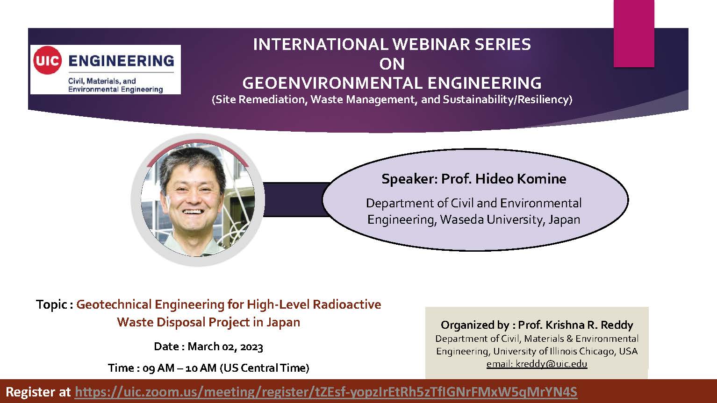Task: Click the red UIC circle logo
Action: coord(47,60)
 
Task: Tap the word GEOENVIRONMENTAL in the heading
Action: coord(332,83)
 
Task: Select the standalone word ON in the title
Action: coord(392,64)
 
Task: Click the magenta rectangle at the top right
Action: coord(634,34)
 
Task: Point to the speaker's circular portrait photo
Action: coord(198,200)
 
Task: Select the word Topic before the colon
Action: coord(51,304)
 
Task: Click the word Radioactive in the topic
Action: coord(347,304)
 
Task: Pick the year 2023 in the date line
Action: coord(251,346)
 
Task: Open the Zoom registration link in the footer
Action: coord(326,392)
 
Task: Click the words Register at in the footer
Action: coord(38,392)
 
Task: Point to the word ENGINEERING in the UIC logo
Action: coord(122,61)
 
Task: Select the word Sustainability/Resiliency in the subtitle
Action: coord(506,99)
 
